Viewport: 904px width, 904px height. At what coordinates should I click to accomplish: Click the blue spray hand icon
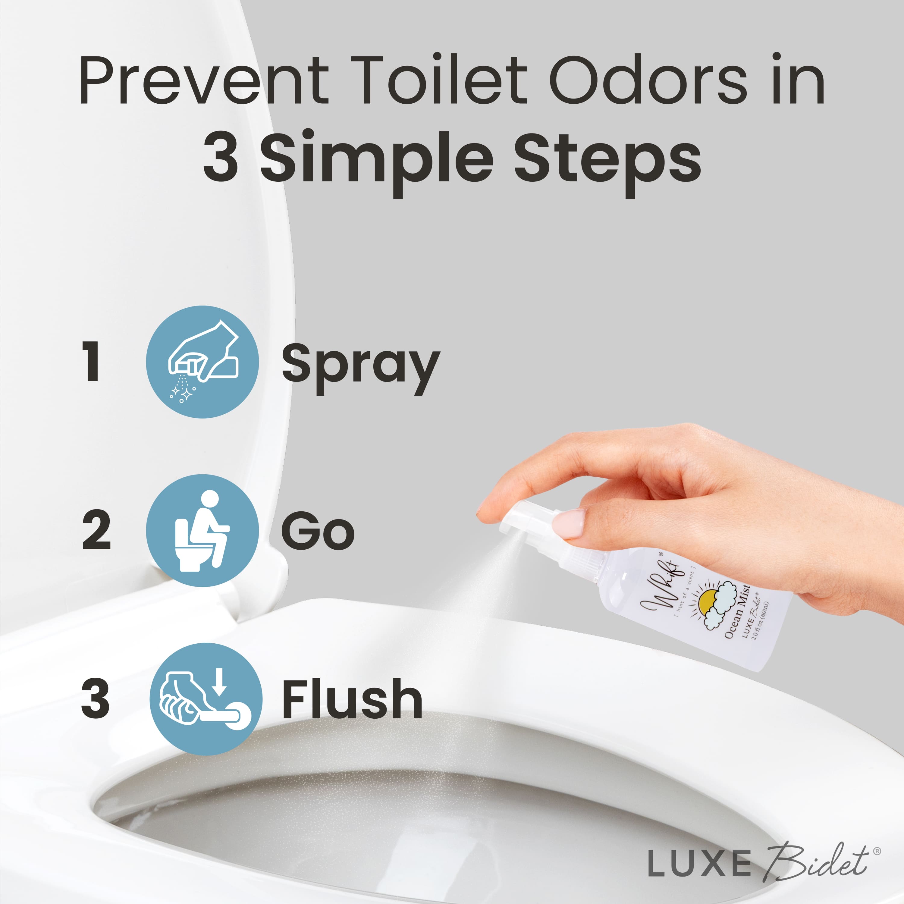point(202,362)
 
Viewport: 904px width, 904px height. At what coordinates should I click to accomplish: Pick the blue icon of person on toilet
point(202,530)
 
